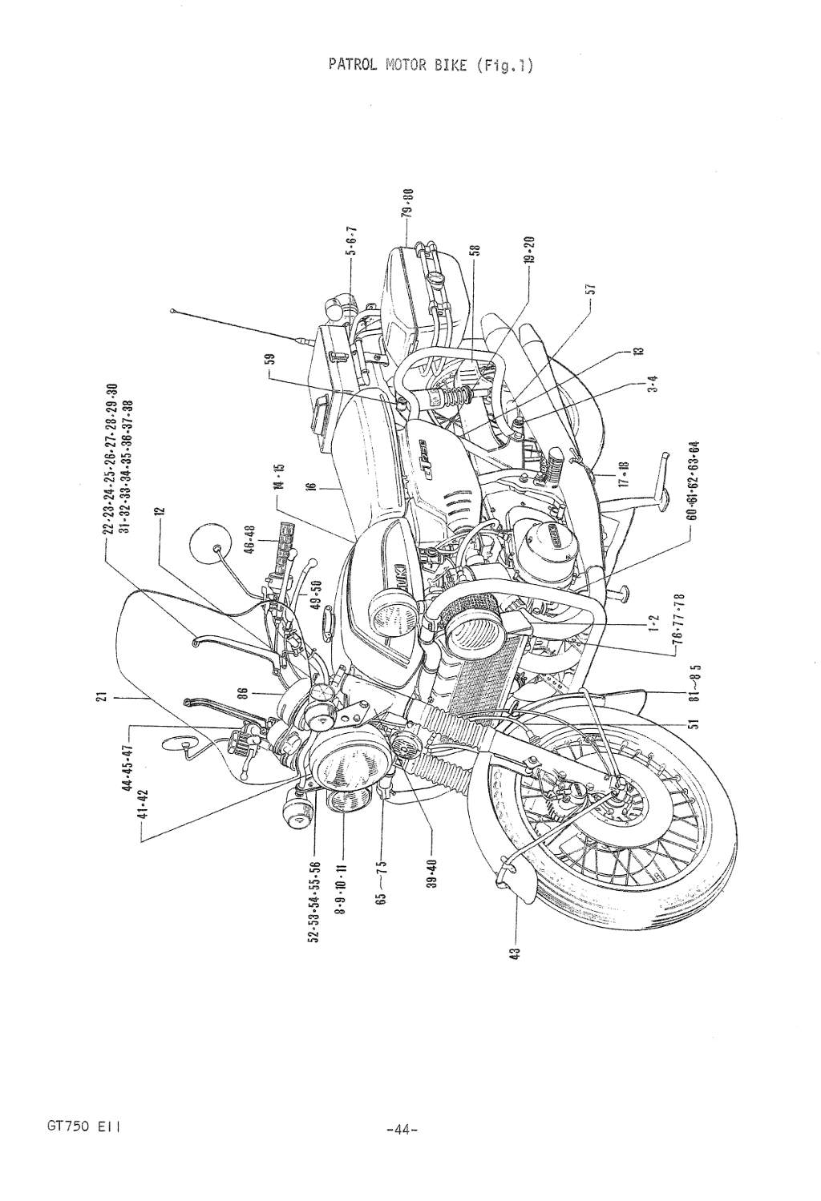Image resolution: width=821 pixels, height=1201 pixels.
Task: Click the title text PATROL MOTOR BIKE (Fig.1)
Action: tap(431, 65)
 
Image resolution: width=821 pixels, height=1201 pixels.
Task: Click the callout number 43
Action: tap(516, 953)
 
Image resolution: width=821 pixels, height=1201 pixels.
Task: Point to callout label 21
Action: tap(102, 699)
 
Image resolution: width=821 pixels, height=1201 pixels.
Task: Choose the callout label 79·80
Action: tap(407, 204)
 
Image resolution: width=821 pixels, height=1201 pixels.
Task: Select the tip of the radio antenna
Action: tap(172, 308)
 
